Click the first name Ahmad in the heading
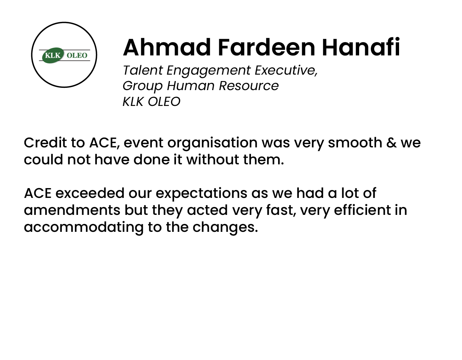(x=167, y=47)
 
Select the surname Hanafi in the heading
(x=361, y=47)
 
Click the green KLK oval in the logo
(x=53, y=55)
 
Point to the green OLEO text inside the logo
(x=77, y=55)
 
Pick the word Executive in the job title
(x=286, y=70)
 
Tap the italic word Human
(x=191, y=86)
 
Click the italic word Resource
(x=249, y=86)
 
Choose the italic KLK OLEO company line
(x=151, y=101)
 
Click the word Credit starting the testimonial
(x=45, y=142)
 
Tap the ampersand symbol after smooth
(x=392, y=142)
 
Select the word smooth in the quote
(x=355, y=142)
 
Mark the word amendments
(x=72, y=210)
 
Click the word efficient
(x=362, y=210)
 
